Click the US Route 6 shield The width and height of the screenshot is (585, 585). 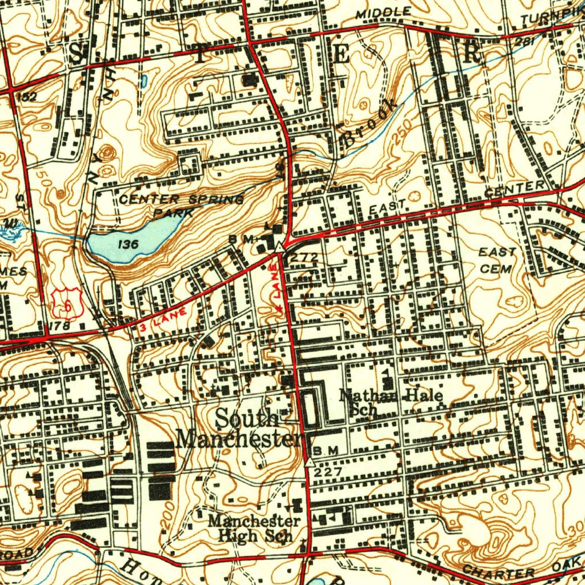tap(68, 303)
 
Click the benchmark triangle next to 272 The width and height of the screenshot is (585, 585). tap(278, 246)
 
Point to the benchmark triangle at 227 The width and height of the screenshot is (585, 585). tap(310, 462)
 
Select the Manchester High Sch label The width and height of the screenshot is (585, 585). tap(254, 528)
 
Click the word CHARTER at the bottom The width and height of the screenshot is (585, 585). tap(498, 571)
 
